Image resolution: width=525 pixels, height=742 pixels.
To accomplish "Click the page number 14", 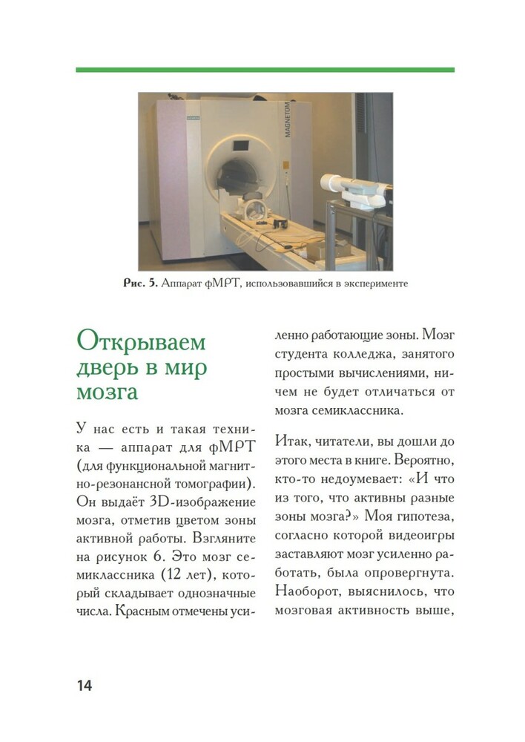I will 83,685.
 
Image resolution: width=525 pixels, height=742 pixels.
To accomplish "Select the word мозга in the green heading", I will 107,392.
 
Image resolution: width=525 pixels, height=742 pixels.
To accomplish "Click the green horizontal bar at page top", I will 265,70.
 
